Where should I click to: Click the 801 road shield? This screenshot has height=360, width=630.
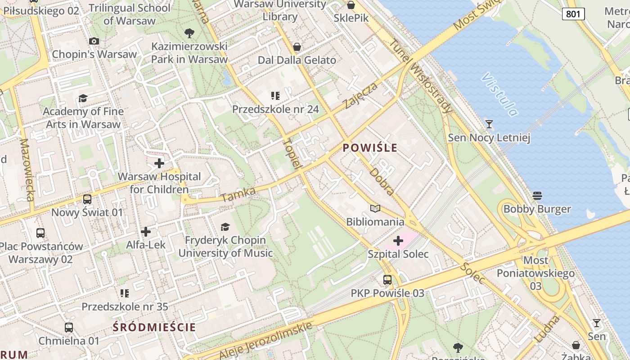coord(573,14)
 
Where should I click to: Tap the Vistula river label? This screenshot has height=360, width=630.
coord(499,94)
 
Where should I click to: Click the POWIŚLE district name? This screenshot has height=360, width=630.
coord(370,148)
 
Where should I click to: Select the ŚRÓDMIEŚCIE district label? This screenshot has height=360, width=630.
coord(154,327)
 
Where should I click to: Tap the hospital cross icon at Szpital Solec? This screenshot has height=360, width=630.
coord(398,241)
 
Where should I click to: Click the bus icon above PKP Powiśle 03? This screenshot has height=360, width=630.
coord(387,280)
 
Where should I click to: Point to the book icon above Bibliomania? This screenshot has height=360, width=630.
coord(375,208)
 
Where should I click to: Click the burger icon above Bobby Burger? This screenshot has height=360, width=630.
coord(537,196)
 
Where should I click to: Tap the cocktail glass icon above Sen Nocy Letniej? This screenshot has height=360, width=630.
coord(489,124)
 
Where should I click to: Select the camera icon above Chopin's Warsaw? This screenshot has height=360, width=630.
coord(94,41)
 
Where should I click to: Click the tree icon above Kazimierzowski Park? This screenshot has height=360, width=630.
coord(189,33)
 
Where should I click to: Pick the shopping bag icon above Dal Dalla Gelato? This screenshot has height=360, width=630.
coord(297,47)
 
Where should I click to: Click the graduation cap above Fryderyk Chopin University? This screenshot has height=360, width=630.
coord(225,227)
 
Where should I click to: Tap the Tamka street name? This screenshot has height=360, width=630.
coord(238,195)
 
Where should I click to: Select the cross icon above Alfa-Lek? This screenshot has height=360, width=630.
coord(146,232)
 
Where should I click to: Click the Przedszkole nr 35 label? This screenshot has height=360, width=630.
coord(125,307)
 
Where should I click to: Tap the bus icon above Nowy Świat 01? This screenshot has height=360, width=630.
coord(87,199)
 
